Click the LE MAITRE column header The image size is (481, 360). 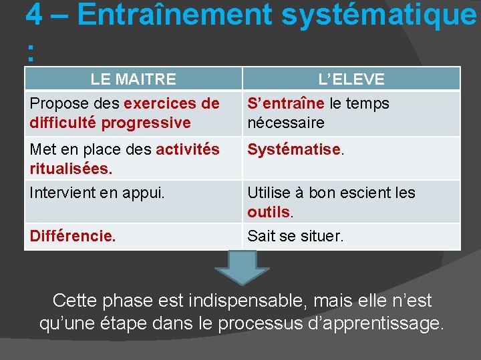tap(133, 79)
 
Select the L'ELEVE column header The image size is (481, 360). tap(351, 79)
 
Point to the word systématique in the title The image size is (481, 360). tap(379, 15)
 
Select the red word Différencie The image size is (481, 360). tap(73, 236)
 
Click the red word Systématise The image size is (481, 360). tap(294, 150)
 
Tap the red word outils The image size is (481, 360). tap(269, 213)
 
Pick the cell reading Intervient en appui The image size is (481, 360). tap(97, 193)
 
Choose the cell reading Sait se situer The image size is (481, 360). tap(295, 236)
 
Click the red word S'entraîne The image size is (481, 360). tap(286, 104)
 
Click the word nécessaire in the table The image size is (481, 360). tap(286, 123)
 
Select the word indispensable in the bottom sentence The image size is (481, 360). tap(242, 301)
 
